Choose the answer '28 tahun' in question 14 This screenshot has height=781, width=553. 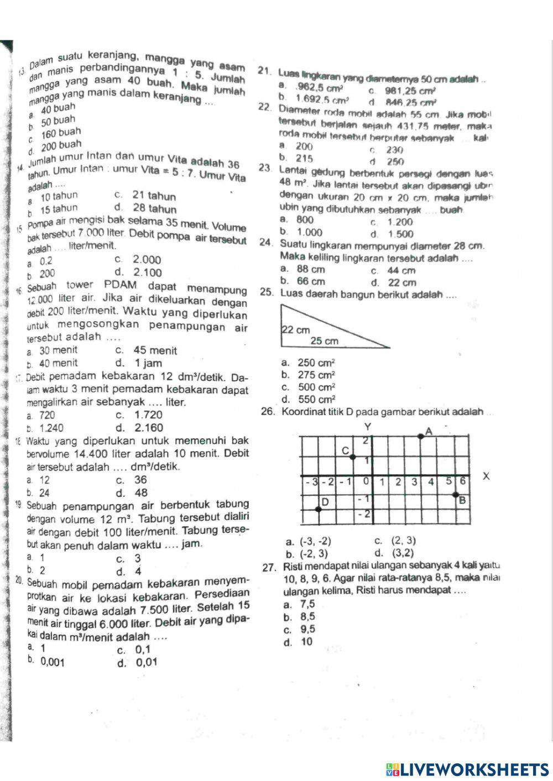(154, 209)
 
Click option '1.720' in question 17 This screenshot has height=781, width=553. (148, 415)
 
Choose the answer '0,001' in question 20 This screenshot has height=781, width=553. (52, 662)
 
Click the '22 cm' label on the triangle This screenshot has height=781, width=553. (296, 330)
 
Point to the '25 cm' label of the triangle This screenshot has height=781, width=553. (324, 341)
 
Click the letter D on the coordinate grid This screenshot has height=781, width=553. (325, 502)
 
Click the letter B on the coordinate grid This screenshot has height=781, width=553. (463, 500)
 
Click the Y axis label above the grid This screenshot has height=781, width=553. (368, 427)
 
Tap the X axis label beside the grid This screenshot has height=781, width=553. (487, 476)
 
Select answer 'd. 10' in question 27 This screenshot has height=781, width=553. (306, 642)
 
